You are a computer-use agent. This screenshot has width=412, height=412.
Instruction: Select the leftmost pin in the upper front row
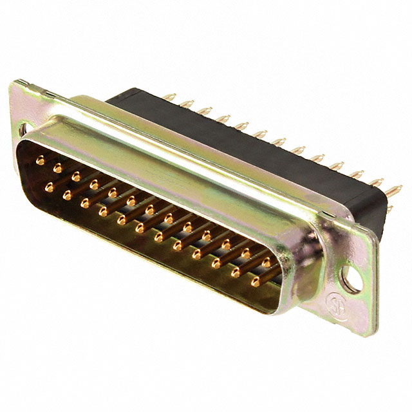[x=40, y=161]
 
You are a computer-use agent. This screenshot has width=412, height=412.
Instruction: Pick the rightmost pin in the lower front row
[x=256, y=281]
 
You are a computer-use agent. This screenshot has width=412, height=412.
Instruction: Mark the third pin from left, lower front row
[x=84, y=202]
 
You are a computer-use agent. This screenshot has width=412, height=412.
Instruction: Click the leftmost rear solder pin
[x=169, y=97]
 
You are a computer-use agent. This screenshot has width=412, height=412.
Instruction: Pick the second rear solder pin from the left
[x=187, y=103]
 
